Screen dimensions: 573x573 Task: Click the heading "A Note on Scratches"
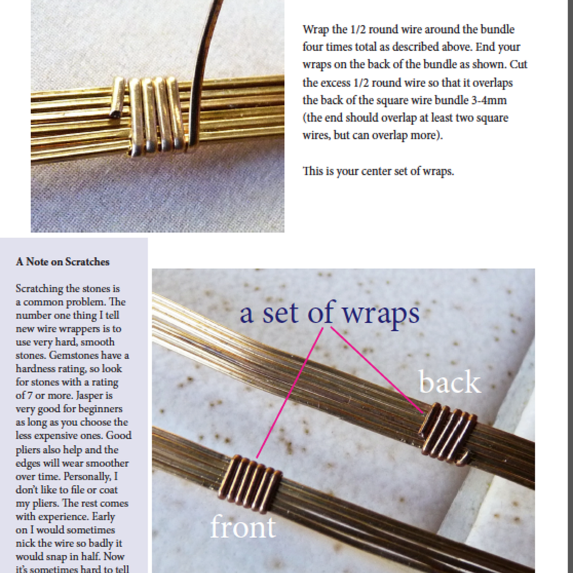coord(63,262)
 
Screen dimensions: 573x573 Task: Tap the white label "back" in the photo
coord(449,383)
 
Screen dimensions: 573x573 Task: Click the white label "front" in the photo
coord(243,527)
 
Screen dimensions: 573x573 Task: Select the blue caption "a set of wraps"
coord(330,313)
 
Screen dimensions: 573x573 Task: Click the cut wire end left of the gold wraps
coord(118,98)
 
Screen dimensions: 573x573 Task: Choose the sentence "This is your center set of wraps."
coord(378,171)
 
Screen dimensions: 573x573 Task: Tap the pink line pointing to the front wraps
coord(290,392)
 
